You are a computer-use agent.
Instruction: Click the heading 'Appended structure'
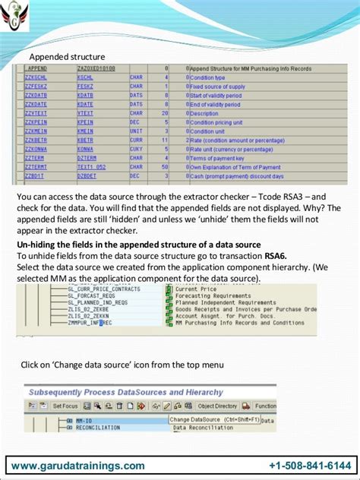pyautogui.click(x=67, y=57)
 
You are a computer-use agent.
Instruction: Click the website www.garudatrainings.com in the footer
pyautogui.click(x=78, y=466)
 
